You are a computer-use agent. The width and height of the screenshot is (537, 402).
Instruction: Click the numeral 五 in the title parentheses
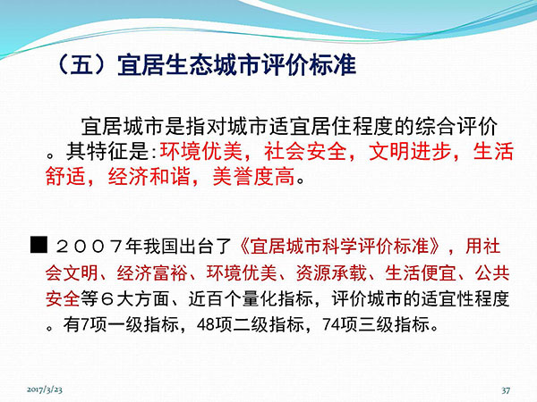81,64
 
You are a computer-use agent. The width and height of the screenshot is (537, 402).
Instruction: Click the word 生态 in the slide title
188,64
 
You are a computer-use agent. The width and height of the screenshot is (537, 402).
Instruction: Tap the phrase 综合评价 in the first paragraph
456,127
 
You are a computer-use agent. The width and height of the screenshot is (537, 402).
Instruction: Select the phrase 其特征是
108,151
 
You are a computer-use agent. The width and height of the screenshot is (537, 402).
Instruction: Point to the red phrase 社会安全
305,151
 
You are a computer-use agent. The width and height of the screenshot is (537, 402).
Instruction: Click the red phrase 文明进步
410,151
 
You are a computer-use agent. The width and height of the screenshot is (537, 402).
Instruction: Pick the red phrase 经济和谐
149,176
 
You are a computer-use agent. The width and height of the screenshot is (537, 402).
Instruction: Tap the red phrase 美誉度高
253,176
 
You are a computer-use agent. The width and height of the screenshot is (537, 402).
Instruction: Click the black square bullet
38,245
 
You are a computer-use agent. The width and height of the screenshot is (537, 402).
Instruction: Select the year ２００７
89,247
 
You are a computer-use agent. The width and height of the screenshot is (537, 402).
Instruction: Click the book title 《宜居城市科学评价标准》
340,247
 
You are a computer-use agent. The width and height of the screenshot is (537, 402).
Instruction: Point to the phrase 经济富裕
152,272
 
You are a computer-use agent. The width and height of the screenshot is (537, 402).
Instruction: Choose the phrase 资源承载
331,272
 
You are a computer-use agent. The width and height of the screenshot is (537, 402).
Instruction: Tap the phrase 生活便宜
421,272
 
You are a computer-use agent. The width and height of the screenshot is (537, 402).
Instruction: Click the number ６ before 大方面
107,299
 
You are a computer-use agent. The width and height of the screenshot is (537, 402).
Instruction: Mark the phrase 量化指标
277,298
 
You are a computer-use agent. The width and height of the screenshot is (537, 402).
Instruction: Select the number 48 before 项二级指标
206,324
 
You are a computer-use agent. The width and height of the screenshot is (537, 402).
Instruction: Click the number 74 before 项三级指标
331,324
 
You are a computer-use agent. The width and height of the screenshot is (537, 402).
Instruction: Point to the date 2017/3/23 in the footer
45,389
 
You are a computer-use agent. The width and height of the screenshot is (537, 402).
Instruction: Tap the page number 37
506,390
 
